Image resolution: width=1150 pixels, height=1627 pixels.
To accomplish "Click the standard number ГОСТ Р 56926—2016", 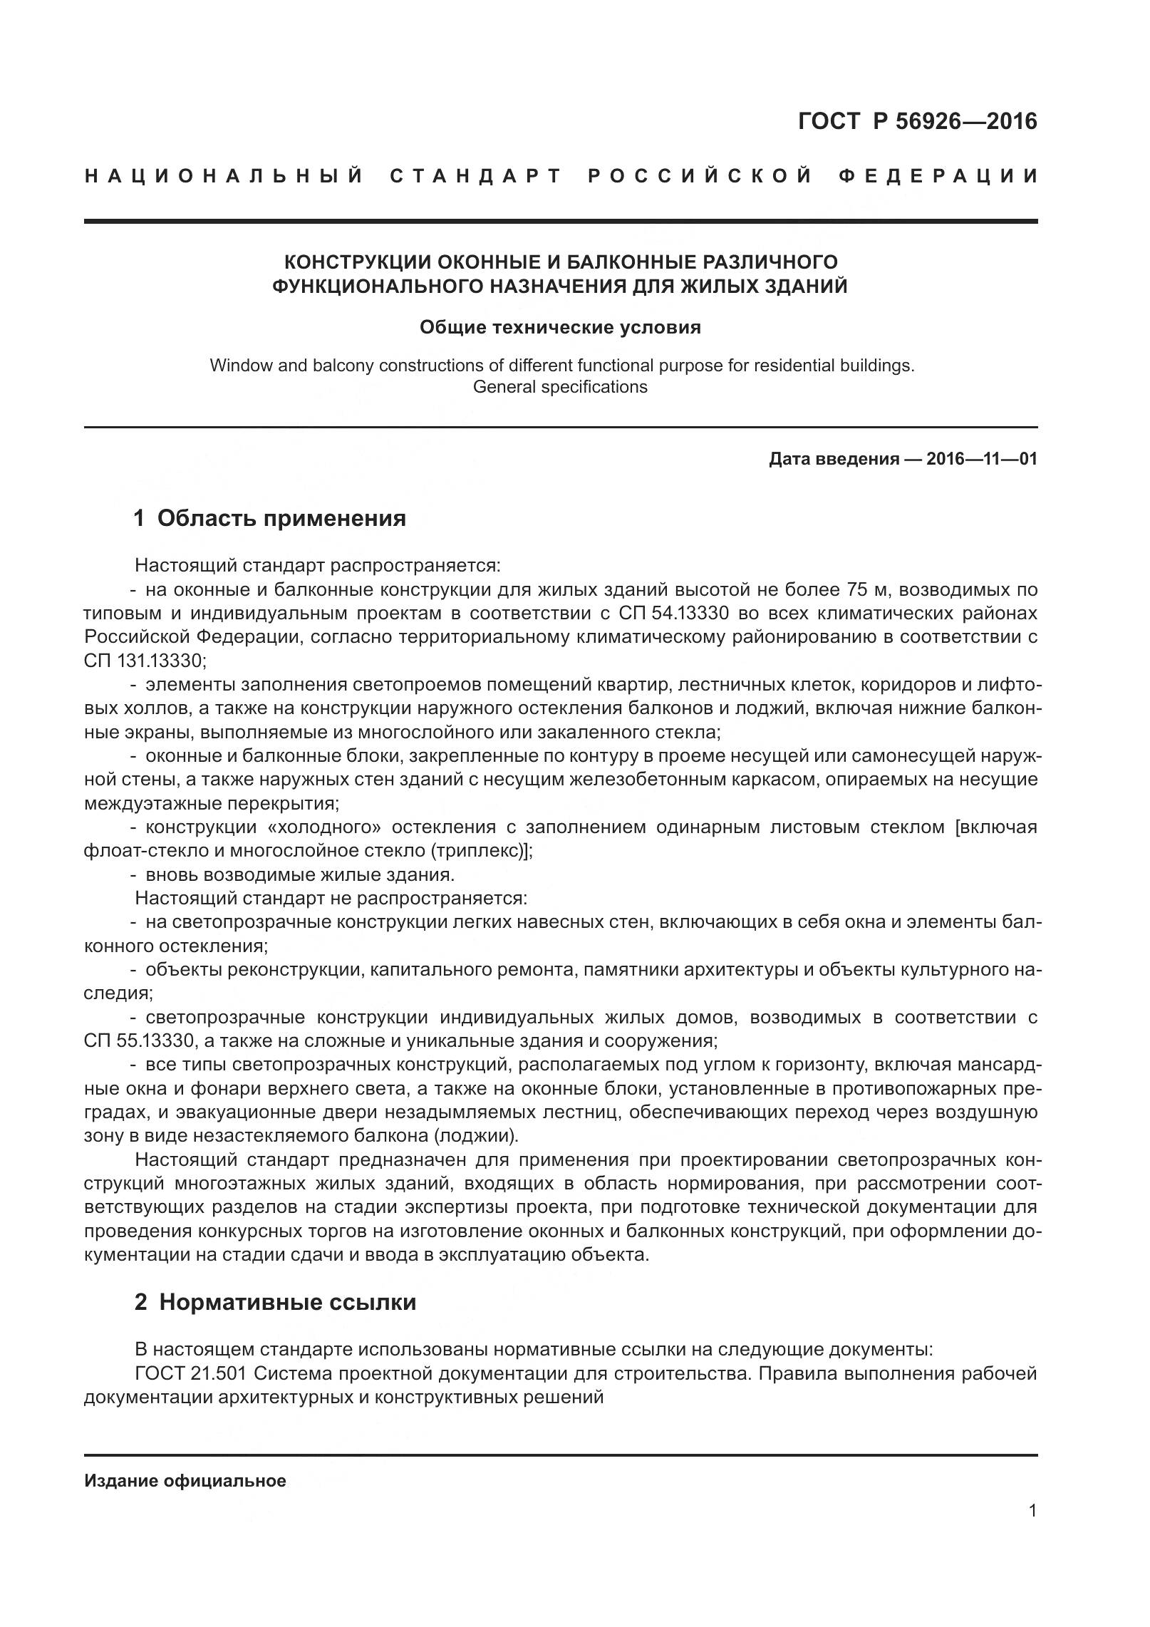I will [917, 122].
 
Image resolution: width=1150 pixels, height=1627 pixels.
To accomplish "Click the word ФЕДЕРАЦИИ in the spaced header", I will [938, 176].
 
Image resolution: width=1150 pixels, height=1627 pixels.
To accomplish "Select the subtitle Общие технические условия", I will [560, 327].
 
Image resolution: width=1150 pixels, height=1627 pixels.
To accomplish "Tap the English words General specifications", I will [560, 387].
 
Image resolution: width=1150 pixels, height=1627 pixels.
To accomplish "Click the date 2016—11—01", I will [982, 459].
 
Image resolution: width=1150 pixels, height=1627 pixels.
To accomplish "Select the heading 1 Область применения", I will [270, 518].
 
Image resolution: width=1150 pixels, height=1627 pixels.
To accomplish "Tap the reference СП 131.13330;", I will [145, 661].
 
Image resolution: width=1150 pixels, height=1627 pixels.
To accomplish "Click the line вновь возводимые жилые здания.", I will [299, 874].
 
